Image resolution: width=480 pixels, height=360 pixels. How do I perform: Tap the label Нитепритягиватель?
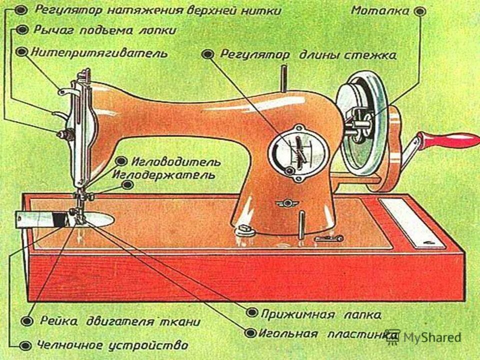pyautogui.click(x=99, y=52)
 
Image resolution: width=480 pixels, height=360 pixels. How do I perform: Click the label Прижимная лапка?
pyautogui.click(x=321, y=314)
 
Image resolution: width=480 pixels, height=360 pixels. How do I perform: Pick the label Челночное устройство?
pyautogui.click(x=112, y=345)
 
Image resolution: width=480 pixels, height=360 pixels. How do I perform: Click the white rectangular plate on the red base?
pyautogui.click(x=411, y=222)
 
